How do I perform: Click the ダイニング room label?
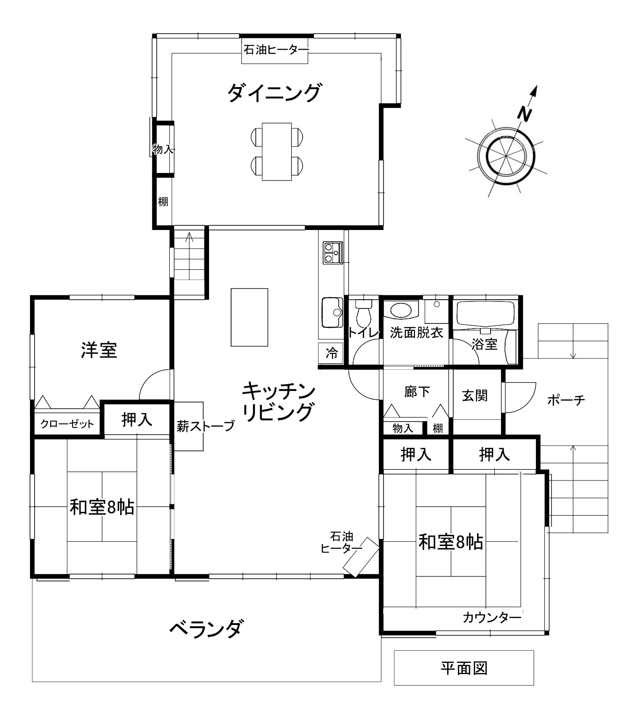point(274,93)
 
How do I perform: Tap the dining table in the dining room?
point(277,151)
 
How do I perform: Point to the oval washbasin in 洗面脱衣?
point(401,309)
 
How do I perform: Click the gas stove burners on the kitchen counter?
point(333,253)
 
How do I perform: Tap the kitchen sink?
point(332,312)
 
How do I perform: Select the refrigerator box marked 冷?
point(331,353)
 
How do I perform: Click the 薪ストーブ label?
point(205,426)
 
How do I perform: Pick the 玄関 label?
point(475,395)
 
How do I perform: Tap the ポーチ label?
point(566,400)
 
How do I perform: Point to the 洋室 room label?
point(99,350)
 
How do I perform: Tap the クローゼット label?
point(67,424)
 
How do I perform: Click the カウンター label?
point(492,618)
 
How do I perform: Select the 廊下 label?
point(417,392)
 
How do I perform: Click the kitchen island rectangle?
point(249,317)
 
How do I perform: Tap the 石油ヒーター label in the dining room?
point(275,50)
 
